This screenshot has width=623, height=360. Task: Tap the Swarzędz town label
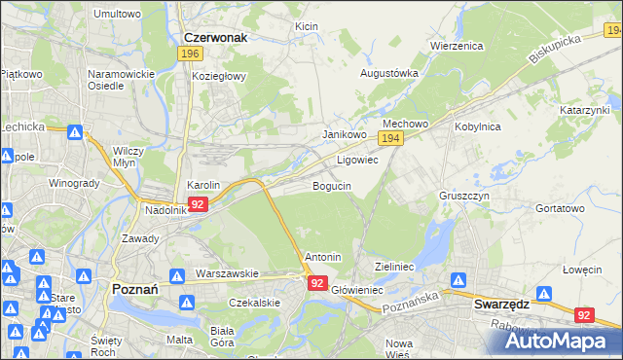(500, 303)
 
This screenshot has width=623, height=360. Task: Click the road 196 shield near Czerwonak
(191, 54)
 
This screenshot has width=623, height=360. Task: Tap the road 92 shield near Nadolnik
(198, 204)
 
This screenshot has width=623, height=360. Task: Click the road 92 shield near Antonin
(317, 282)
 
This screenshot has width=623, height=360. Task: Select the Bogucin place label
(332, 186)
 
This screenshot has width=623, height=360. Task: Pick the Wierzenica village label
(456, 46)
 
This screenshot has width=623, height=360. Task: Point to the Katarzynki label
(584, 112)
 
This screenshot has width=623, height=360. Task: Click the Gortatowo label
(560, 208)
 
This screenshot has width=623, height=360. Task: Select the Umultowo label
(117, 15)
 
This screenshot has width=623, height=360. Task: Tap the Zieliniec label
(395, 266)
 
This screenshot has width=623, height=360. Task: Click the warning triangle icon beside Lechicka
(74, 129)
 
